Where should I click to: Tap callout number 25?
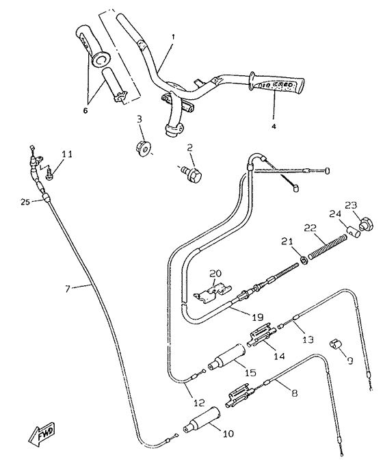24,201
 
